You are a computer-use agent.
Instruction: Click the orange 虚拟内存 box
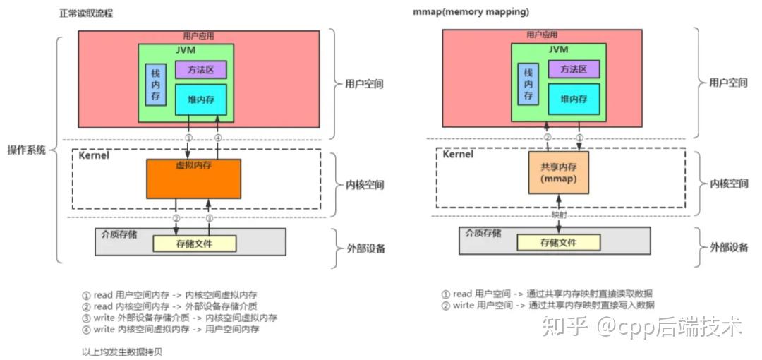pyautogui.click(x=193, y=178)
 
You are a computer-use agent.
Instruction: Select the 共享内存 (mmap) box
pyautogui.click(x=559, y=172)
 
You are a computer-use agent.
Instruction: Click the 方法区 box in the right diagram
pyautogui.click(x=574, y=68)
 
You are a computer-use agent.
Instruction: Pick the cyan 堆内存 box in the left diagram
pyautogui.click(x=201, y=100)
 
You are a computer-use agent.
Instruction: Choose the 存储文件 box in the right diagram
pyautogui.click(x=558, y=242)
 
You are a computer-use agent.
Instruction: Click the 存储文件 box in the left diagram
pyautogui.click(x=194, y=243)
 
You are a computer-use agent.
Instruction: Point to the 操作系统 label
pyautogui.click(x=26, y=150)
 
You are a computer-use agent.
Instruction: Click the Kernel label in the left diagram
pyautogui.click(x=94, y=155)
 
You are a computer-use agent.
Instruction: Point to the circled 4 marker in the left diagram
pyautogui.click(x=218, y=137)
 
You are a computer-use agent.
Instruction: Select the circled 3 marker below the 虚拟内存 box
pyautogui.click(x=209, y=218)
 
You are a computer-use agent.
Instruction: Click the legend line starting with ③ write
pyautogui.click(x=179, y=318)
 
